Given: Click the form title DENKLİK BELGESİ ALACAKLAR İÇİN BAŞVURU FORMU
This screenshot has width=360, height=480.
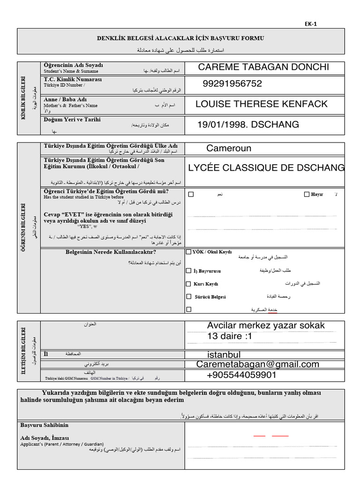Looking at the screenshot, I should (187, 38).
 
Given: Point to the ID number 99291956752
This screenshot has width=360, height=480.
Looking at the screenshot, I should (232, 83).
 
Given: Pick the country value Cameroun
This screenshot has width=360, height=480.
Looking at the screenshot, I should (229, 149).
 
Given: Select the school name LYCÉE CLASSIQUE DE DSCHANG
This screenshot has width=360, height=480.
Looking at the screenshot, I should (266, 168).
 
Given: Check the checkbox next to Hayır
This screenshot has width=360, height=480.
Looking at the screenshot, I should (307, 194).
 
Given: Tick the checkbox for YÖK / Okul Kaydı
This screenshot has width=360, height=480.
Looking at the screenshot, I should (189, 252).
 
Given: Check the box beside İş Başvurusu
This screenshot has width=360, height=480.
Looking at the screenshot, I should (189, 270).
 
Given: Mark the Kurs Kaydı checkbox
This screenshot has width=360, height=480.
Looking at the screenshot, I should (189, 284).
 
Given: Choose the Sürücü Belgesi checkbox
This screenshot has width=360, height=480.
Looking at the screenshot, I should (189, 296).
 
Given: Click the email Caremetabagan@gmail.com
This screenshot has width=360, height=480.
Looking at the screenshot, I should (258, 364).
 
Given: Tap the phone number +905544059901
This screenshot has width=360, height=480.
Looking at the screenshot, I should (241, 375).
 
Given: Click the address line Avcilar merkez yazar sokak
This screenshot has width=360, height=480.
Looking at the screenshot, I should (265, 326).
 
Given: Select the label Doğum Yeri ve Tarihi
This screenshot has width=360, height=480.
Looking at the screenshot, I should (72, 120).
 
